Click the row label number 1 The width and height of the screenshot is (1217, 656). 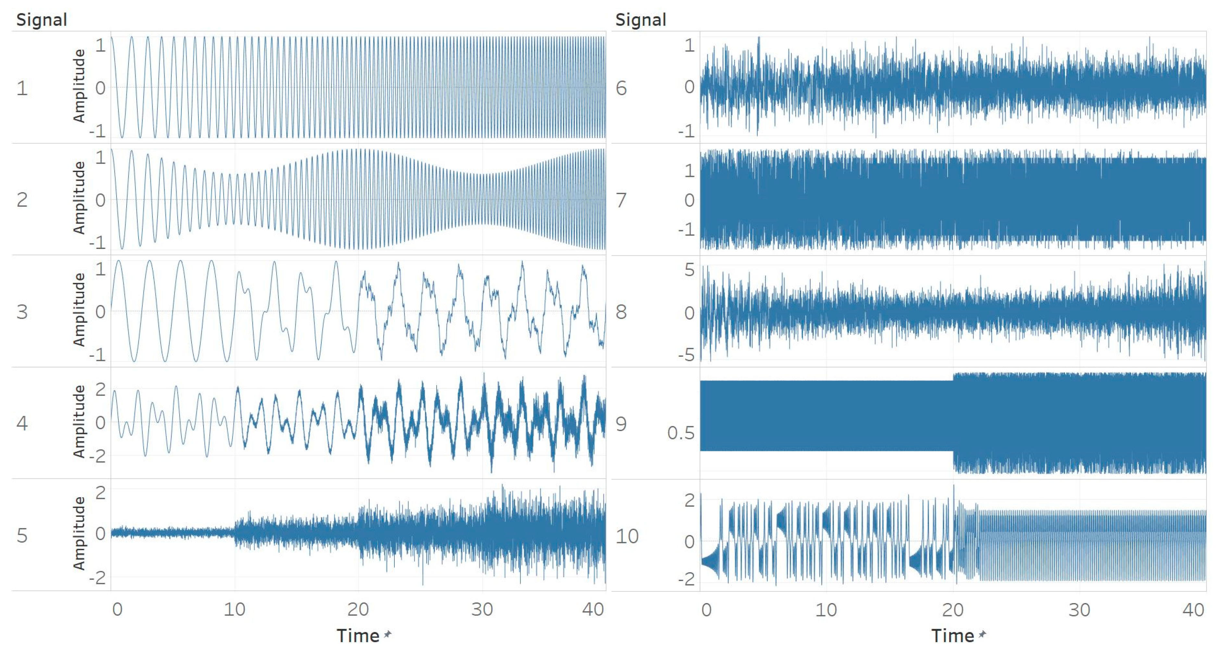(x=22, y=88)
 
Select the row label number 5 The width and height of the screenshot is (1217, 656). (x=22, y=536)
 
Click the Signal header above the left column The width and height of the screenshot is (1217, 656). (x=42, y=20)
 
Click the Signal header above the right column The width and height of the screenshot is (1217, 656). (x=640, y=20)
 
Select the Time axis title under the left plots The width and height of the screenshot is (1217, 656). (x=358, y=636)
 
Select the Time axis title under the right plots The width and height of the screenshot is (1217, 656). (x=952, y=636)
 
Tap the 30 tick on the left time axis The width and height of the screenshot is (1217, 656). (x=482, y=610)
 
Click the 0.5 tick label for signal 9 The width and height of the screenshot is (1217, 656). (x=680, y=433)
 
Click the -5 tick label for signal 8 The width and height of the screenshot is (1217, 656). (x=686, y=355)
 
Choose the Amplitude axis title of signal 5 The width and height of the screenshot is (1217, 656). (x=79, y=533)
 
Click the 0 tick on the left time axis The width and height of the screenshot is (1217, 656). (x=117, y=610)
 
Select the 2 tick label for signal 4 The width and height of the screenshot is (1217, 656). (x=100, y=390)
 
